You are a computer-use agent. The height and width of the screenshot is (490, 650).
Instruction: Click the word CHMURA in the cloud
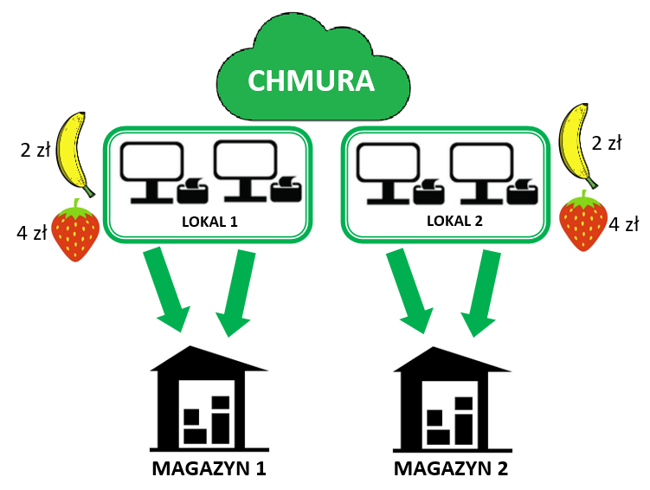click(x=311, y=81)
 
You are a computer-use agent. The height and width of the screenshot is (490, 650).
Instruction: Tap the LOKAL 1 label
click(x=209, y=222)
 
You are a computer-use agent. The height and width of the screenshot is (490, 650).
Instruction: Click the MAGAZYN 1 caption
click(x=209, y=470)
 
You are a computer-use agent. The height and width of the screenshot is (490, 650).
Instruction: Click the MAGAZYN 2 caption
click(x=451, y=470)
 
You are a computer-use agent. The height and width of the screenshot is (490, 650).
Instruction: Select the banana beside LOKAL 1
click(x=75, y=153)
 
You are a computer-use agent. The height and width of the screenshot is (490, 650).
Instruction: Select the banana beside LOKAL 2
click(x=579, y=145)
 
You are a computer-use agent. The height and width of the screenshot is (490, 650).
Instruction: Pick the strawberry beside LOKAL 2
click(x=583, y=222)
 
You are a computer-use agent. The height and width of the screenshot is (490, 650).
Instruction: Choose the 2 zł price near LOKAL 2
click(x=606, y=144)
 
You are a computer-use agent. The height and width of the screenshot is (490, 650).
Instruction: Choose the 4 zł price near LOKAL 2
click(x=624, y=225)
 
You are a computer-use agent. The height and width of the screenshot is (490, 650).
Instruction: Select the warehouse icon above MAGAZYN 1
click(x=209, y=399)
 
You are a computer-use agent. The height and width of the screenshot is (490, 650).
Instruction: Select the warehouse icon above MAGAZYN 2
click(x=452, y=399)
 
